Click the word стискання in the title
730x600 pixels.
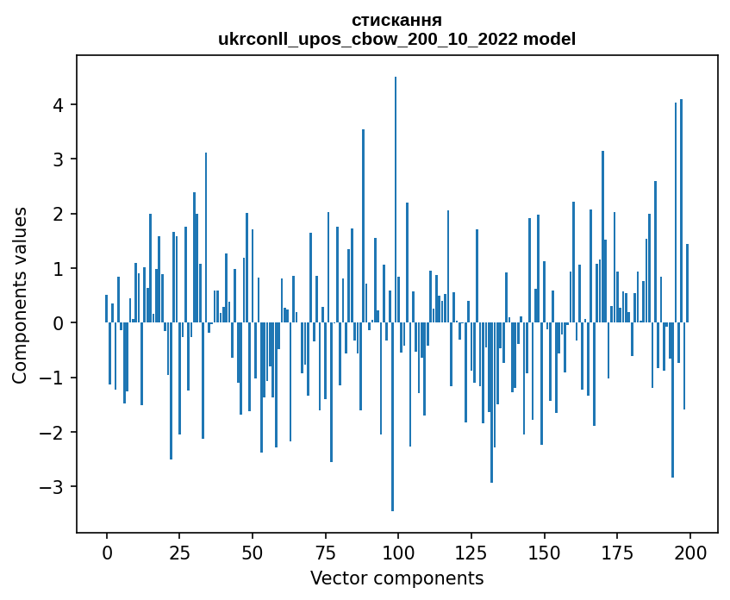(396, 20)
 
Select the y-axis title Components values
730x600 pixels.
(20, 295)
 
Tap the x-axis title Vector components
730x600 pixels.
(396, 578)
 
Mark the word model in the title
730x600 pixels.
(552, 39)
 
